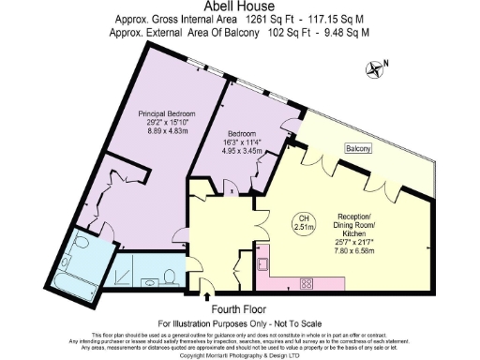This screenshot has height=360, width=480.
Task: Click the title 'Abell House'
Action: click(239, 7)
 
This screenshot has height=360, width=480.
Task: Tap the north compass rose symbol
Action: click(377, 67)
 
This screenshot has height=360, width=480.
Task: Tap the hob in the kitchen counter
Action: click(306, 282)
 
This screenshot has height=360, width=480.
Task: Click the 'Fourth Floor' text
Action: click(238, 307)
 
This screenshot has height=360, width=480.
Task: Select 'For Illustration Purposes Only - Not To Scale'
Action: click(239, 321)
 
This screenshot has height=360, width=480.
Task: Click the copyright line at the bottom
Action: click(239, 355)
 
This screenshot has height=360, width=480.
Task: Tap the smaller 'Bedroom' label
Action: click(242, 132)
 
